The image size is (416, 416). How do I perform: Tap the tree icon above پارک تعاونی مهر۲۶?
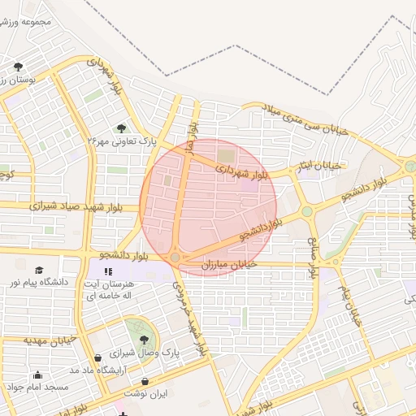click(121, 128)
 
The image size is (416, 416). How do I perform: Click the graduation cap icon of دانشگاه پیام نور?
click(38, 270)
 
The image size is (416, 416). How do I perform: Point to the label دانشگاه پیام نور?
click(39, 283)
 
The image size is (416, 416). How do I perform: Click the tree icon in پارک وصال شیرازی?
click(144, 340)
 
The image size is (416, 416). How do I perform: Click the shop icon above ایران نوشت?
click(145, 381)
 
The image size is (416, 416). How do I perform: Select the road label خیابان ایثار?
click(323, 166)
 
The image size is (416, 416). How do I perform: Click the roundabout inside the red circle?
click(175, 257)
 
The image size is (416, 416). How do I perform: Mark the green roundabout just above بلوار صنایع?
click(307, 212)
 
